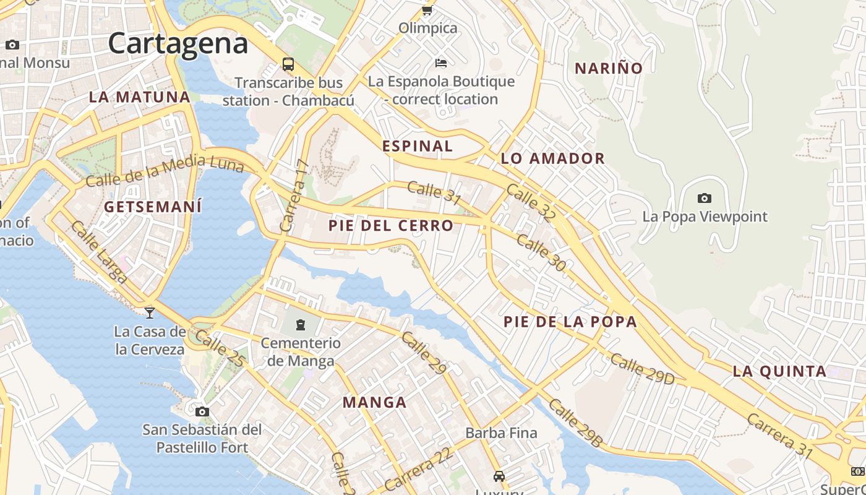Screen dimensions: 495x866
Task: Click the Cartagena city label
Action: [x=178, y=43]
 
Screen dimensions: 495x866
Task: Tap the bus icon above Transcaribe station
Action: [x=288, y=64]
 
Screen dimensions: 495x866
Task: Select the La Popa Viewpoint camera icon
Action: [x=704, y=199]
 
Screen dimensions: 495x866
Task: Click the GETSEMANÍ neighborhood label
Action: [x=153, y=207]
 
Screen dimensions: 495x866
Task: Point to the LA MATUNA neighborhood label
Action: [x=139, y=97]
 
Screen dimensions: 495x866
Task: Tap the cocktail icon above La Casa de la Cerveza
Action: [x=149, y=312]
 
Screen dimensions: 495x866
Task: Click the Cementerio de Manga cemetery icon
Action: [x=301, y=324]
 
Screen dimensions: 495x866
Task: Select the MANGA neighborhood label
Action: [x=374, y=403]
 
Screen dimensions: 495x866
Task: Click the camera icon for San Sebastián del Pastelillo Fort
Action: [x=202, y=411]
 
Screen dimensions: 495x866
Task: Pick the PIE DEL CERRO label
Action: [x=391, y=226]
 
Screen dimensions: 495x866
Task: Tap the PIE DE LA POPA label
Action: [x=570, y=322]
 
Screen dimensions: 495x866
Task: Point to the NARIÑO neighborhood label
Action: [x=609, y=68]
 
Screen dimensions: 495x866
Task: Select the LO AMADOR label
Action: [x=552, y=158]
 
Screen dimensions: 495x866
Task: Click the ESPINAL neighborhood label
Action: [x=418, y=146]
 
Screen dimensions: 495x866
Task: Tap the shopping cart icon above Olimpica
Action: [x=427, y=10]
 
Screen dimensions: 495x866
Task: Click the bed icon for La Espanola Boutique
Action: [x=440, y=63]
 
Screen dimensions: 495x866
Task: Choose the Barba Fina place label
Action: [x=501, y=433]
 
